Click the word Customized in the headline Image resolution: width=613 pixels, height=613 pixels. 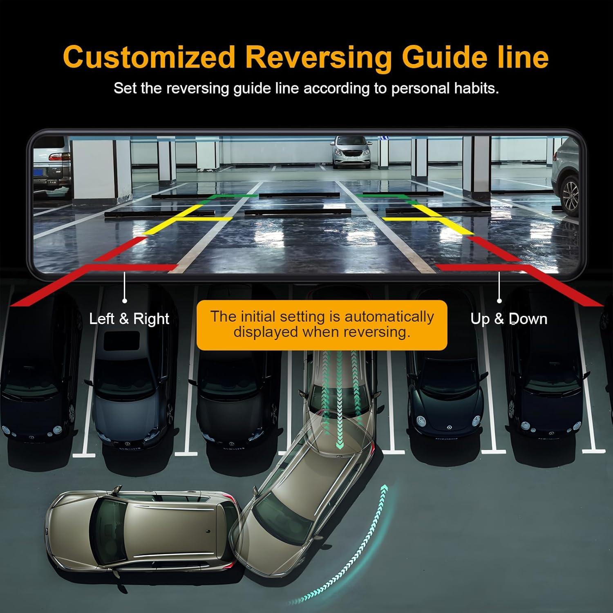tap(149, 58)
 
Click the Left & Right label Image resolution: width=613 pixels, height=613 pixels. tap(129, 319)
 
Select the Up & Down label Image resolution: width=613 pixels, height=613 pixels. tap(509, 319)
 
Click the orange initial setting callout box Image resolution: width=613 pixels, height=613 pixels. tap(322, 325)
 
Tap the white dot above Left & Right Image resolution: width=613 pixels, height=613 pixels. tap(124, 301)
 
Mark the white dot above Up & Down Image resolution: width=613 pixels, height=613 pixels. tap(499, 301)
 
